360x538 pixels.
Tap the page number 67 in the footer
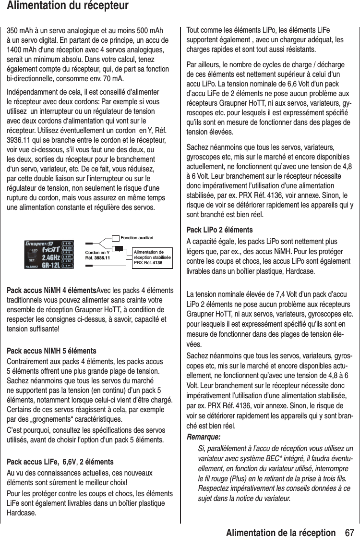click(x=348, y=529)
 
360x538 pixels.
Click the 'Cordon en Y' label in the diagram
click(x=97, y=252)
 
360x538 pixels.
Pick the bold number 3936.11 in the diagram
click(x=101, y=258)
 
